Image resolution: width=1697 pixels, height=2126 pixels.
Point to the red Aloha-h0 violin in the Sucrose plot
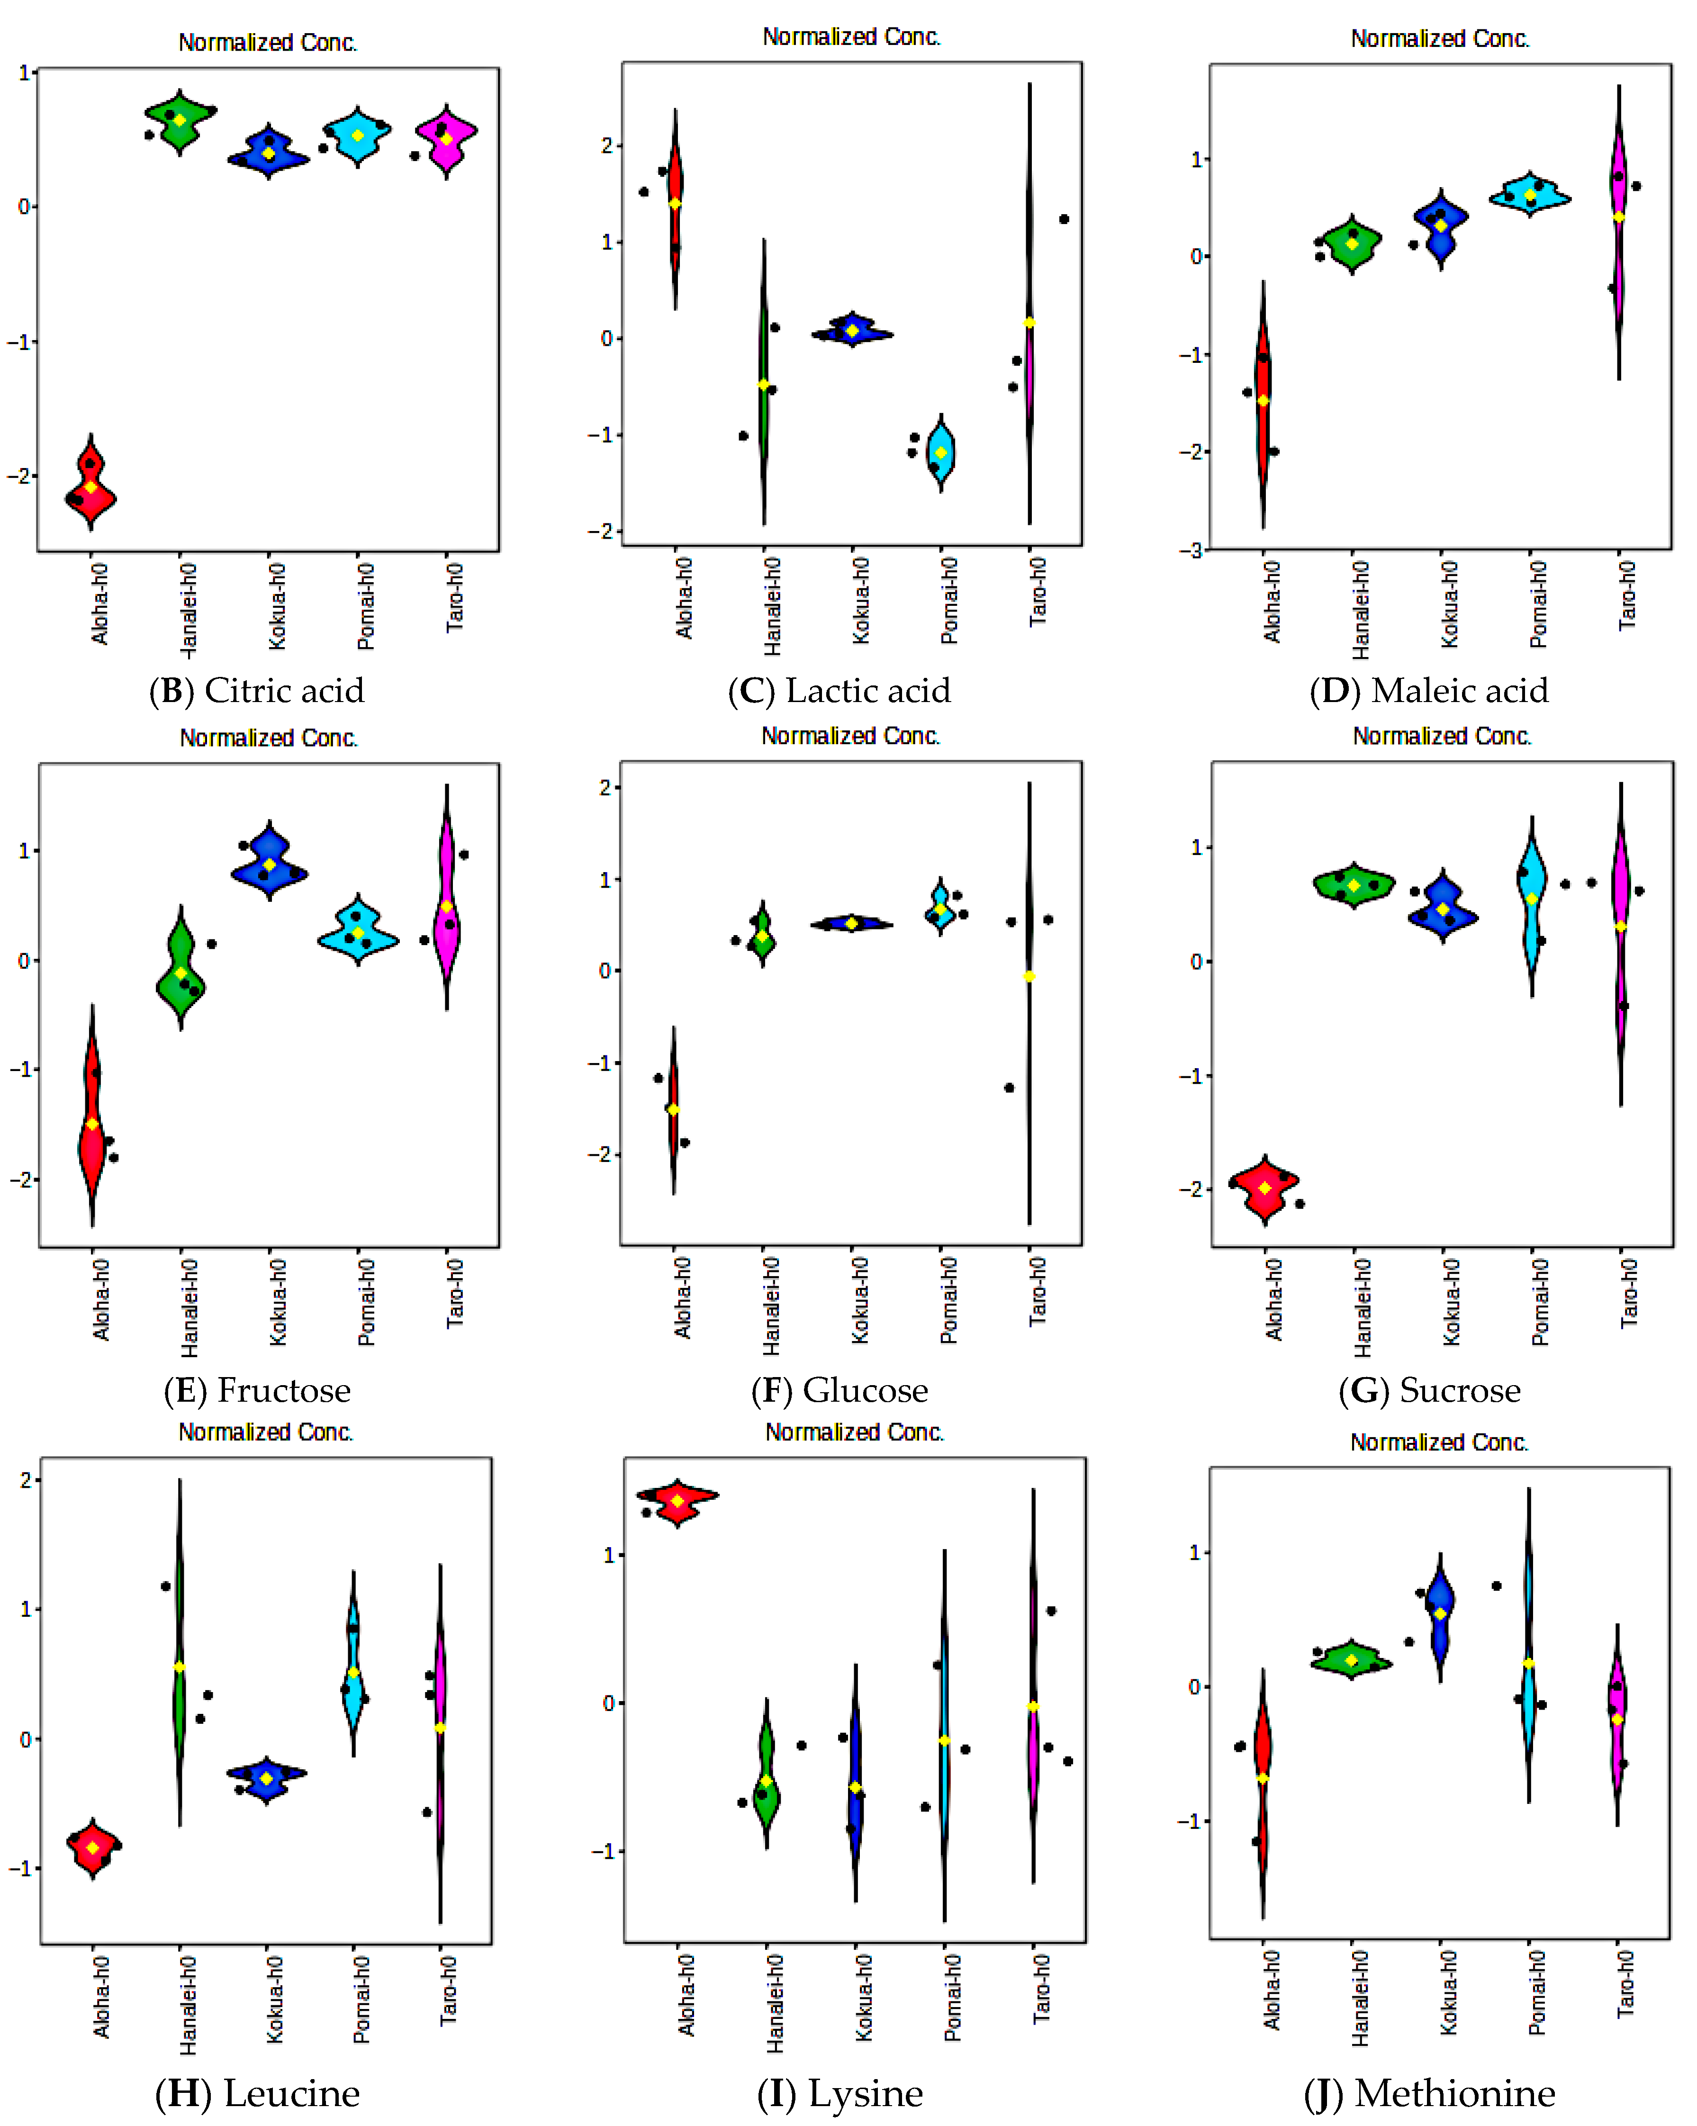1265,1186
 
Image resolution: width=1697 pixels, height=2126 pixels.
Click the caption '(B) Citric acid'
256,690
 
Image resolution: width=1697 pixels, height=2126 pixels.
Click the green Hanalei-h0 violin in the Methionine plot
1351,1660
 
